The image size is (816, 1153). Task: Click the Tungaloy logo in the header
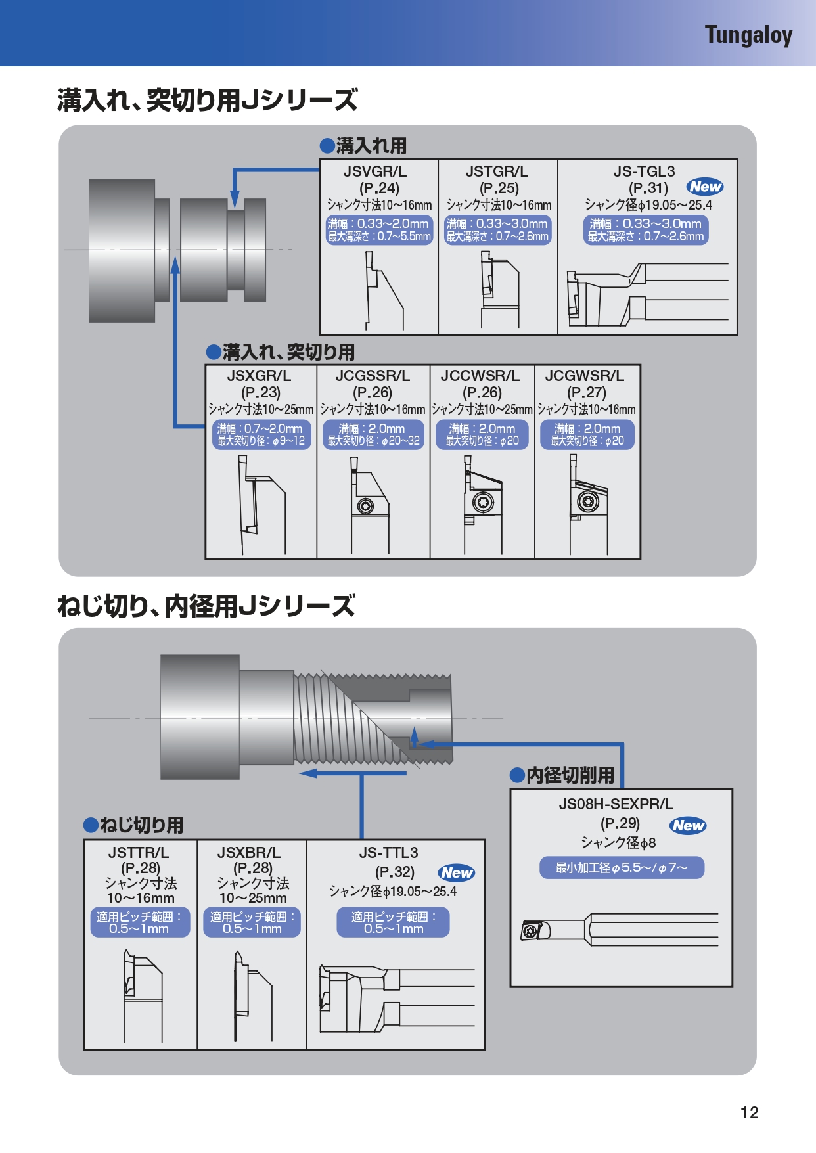coord(748,35)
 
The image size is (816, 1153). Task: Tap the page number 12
coord(749,1112)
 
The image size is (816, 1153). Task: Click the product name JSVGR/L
coord(375,171)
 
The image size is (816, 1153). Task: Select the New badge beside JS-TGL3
coord(705,187)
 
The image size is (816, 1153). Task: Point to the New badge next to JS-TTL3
coord(457,872)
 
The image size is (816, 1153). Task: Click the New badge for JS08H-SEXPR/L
coord(688,825)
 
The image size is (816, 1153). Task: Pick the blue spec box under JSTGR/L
coord(497,230)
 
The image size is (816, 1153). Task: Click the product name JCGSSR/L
coord(373,376)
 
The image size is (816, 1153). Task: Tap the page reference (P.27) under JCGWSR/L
coord(587,392)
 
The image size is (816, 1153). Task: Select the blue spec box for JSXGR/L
coord(261,435)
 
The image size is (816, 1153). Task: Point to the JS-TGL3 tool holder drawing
coord(647,294)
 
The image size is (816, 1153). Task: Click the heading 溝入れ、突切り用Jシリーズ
coord(208,101)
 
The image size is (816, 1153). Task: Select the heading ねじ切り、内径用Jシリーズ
coord(206,606)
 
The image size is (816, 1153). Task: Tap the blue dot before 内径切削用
coord(518,776)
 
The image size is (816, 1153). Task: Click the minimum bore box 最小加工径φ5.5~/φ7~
coord(622,867)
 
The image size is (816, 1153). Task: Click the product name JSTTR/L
coord(139,853)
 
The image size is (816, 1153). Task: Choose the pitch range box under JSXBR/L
coord(252,922)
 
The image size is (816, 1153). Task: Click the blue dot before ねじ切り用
coord(91,825)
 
